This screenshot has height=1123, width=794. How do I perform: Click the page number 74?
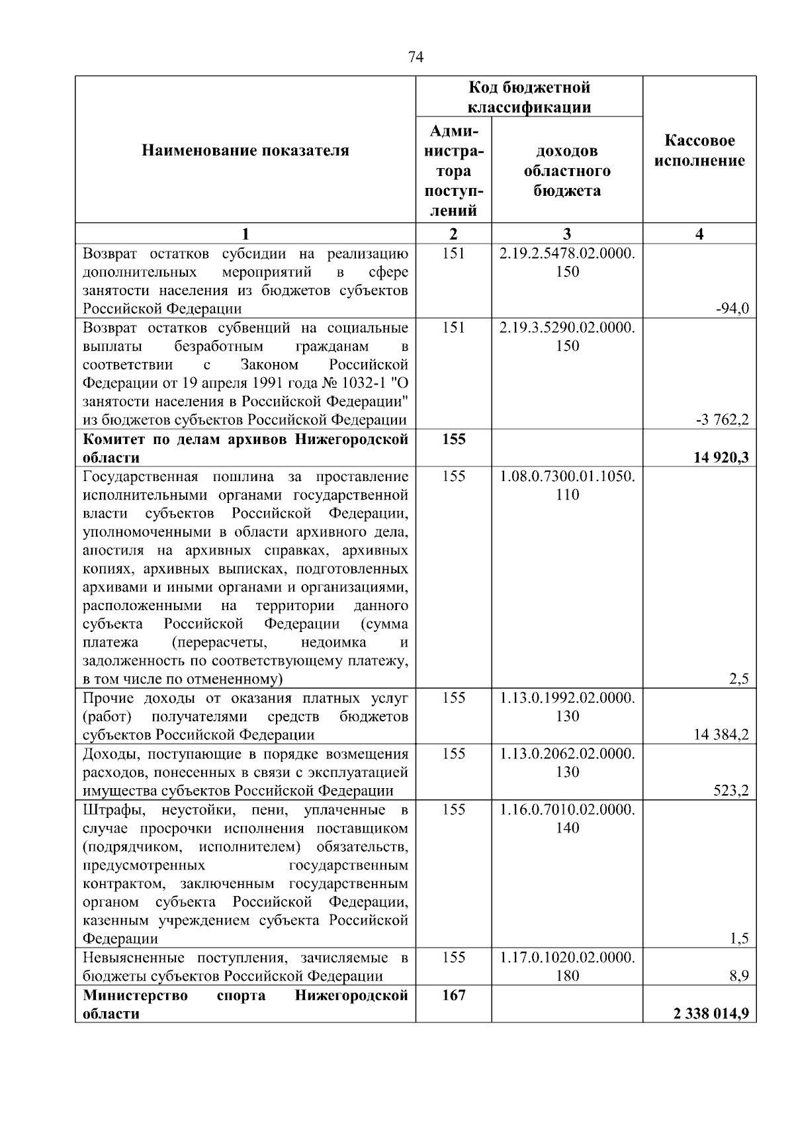[416, 58]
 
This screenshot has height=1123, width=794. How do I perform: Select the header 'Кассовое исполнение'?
[699, 151]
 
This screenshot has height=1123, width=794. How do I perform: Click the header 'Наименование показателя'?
[245, 151]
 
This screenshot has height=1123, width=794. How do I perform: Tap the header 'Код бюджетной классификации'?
[529, 97]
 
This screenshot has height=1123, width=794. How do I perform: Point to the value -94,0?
[732, 308]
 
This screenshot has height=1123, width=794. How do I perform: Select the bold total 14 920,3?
[721, 457]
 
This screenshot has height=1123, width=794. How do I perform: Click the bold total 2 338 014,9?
[712, 1013]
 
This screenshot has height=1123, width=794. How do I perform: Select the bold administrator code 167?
[454, 995]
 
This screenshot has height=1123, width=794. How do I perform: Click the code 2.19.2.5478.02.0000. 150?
[567, 263]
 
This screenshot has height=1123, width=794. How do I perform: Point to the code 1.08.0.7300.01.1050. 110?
[567, 486]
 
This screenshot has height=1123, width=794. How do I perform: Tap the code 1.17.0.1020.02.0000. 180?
[567, 967]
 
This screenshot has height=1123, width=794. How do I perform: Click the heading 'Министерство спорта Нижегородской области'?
[245, 1005]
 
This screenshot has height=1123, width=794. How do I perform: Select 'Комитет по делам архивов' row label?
[245, 448]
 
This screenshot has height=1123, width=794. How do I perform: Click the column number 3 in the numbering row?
[567, 234]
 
